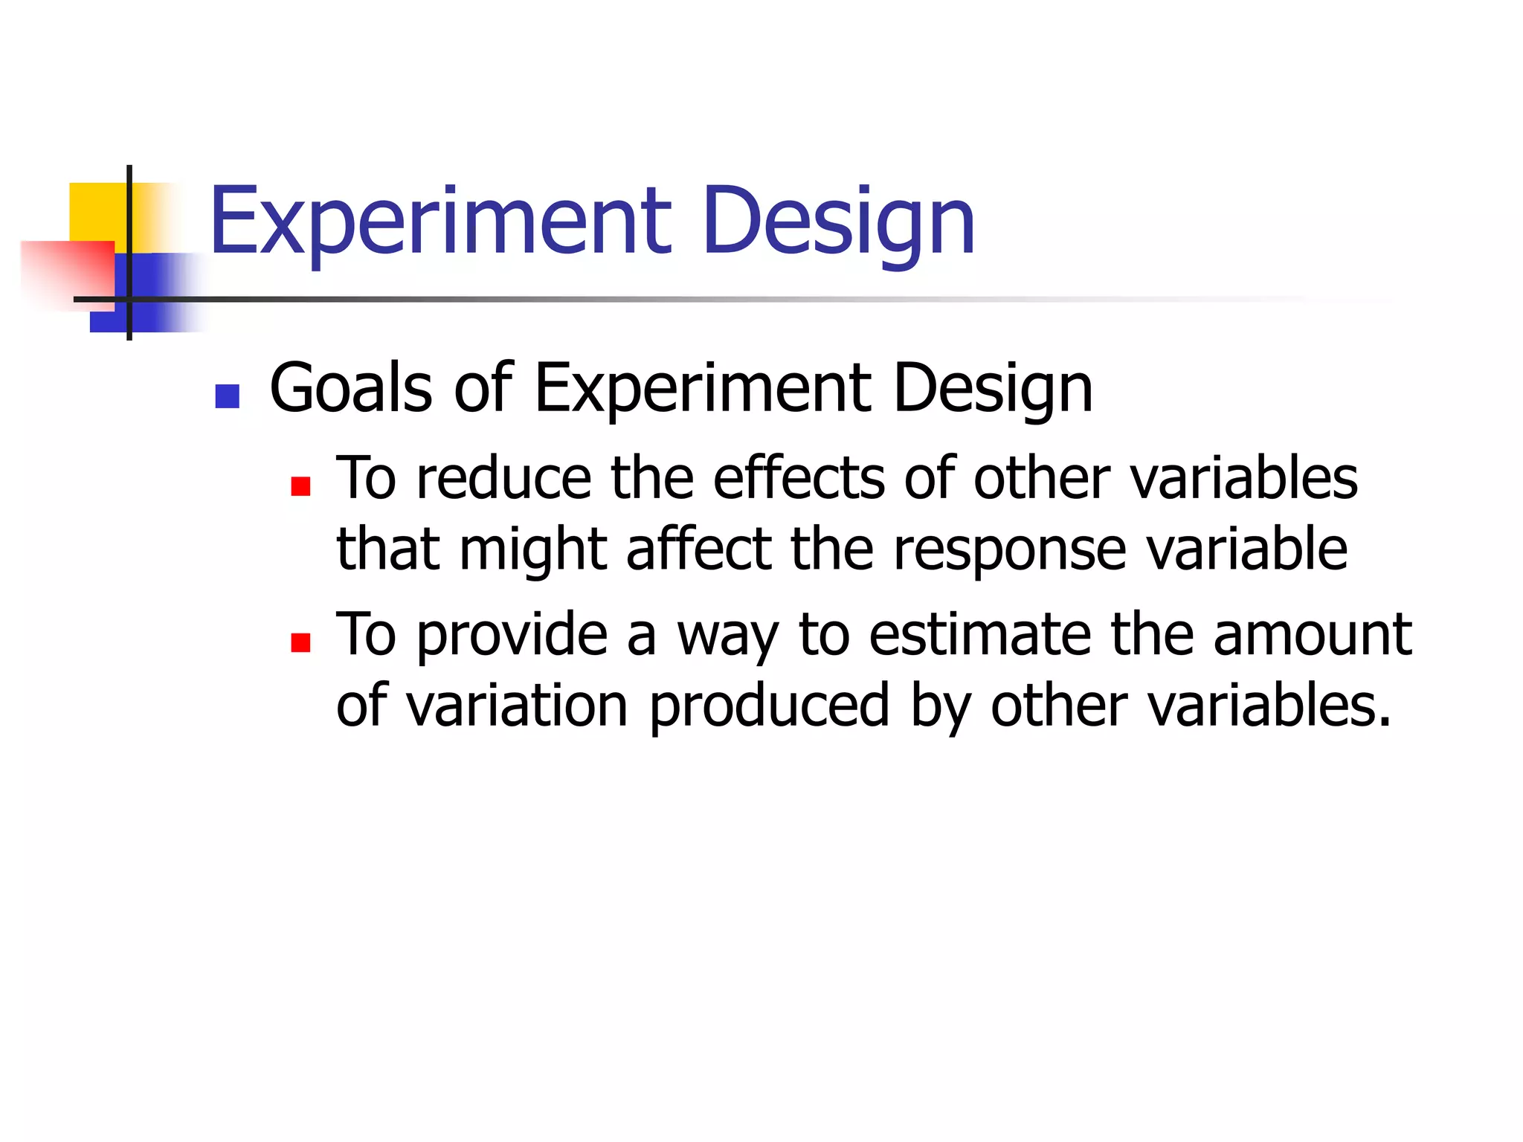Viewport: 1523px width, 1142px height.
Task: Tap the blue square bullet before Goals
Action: (227, 396)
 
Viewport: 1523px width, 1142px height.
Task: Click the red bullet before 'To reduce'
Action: (300, 486)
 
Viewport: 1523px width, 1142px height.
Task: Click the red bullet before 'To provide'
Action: (300, 642)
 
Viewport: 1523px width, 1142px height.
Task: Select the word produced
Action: (769, 706)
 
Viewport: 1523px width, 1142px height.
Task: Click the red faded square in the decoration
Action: (67, 271)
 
